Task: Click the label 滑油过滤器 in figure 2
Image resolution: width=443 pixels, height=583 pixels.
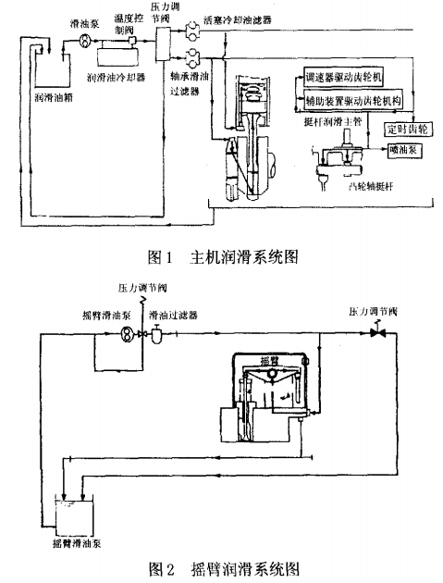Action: click(178, 316)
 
